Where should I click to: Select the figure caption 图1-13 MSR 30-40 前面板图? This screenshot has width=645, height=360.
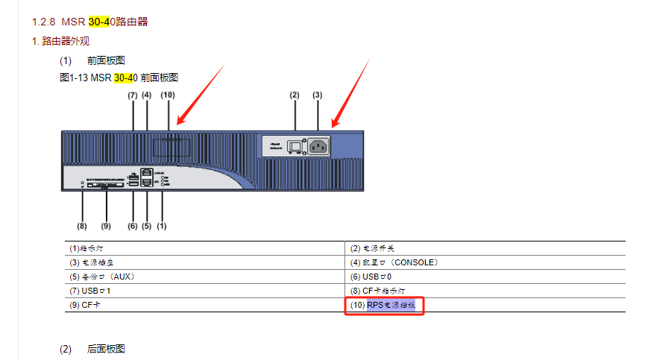tap(119, 78)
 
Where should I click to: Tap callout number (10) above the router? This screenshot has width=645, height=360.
tap(168, 95)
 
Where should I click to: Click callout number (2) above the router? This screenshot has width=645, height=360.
tap(295, 95)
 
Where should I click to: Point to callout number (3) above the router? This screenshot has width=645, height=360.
tap(318, 95)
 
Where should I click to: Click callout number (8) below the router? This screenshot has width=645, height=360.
tap(81, 225)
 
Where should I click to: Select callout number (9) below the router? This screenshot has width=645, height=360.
tap(105, 225)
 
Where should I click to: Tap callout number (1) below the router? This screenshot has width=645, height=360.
tap(160, 225)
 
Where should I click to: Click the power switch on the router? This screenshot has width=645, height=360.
tap(295, 146)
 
